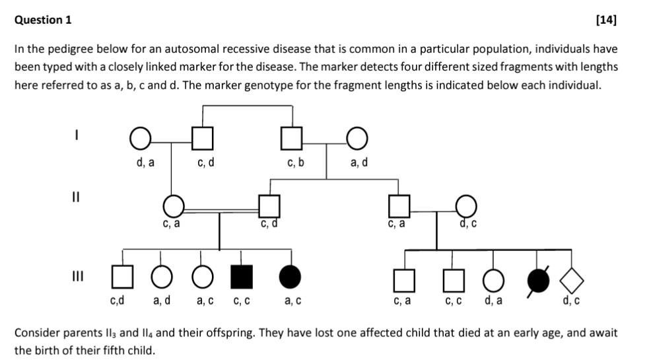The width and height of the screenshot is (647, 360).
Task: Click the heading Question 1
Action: tap(43, 20)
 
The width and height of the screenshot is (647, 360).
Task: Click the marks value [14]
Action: tap(605, 20)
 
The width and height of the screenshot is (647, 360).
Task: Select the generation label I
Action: tap(77, 135)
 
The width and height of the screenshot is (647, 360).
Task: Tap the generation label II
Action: tap(77, 197)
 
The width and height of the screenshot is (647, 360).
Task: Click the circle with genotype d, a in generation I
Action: tap(139, 139)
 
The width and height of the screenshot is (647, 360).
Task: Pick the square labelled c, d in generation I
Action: tap(203, 139)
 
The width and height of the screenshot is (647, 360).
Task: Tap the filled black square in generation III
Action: tap(241, 276)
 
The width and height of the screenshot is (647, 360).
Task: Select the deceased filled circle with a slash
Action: tap(537, 281)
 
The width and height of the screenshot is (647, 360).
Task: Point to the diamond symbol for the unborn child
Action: tap(572, 281)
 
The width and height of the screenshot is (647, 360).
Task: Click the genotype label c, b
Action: tap(296, 162)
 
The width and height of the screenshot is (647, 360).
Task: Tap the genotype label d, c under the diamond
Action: tap(571, 302)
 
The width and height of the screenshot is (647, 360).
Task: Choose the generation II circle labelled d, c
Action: tap(465, 205)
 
